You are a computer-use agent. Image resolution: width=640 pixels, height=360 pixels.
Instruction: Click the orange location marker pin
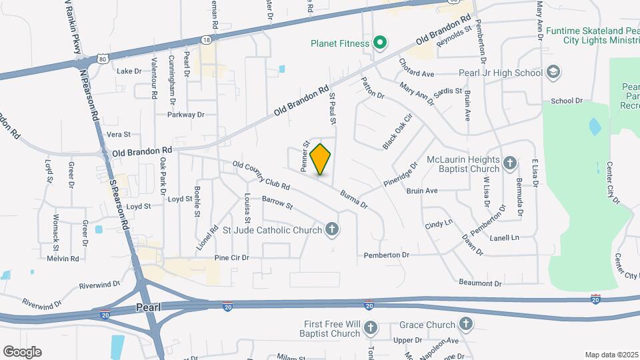[x=321, y=159]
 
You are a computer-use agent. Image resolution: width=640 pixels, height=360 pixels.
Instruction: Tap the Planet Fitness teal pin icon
[x=380, y=44]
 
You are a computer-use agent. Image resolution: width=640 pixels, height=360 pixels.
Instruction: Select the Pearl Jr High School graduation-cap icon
[x=553, y=72]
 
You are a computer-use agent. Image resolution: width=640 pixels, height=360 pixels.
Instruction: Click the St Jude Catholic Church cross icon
[x=332, y=231]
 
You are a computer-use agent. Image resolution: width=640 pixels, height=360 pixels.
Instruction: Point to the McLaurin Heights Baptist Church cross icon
[x=510, y=163]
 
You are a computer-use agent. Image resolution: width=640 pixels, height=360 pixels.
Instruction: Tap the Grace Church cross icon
[x=465, y=325]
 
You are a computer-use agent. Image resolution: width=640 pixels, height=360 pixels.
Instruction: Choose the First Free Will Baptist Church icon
[x=371, y=327]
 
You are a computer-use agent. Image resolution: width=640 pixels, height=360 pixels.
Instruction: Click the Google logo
[x=22, y=351]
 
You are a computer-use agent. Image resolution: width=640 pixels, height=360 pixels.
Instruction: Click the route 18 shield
[x=207, y=40]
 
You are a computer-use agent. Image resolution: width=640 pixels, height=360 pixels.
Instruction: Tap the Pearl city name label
[x=148, y=308]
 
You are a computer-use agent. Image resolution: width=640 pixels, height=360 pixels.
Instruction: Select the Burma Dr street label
[x=353, y=199]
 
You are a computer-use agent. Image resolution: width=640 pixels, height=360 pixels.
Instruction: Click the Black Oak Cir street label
[x=398, y=131]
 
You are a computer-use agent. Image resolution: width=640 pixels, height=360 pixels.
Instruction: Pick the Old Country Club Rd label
[x=261, y=175]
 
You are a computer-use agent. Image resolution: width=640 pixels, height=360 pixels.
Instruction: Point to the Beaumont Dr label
[x=480, y=283]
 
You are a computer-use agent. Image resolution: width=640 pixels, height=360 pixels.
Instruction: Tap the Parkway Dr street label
[x=186, y=115]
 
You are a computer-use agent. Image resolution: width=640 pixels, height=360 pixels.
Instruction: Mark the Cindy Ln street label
[x=439, y=223]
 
